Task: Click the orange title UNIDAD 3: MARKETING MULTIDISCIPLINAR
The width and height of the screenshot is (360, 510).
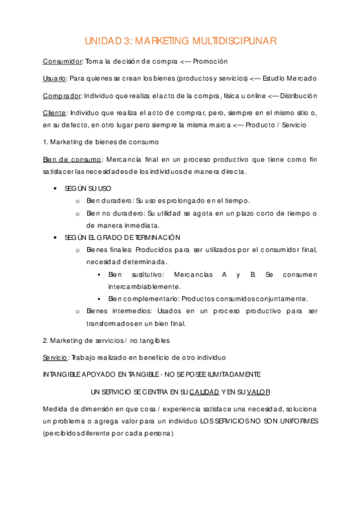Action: pyautogui.click(x=180, y=41)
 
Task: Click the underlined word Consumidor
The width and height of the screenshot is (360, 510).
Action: pyautogui.click(x=63, y=61)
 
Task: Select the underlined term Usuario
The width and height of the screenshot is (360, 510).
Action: pyautogui.click(x=55, y=78)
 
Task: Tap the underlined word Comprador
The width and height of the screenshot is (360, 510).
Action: pyautogui.click(x=62, y=96)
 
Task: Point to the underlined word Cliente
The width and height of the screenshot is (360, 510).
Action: pyautogui.click(x=54, y=112)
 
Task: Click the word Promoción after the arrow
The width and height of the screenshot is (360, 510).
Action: pyautogui.click(x=210, y=61)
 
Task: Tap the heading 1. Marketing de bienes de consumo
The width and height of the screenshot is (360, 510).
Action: pyautogui.click(x=100, y=142)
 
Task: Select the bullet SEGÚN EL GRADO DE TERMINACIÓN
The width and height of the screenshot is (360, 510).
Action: pyautogui.click(x=122, y=238)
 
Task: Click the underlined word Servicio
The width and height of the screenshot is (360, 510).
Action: pyautogui.click(x=55, y=357)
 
